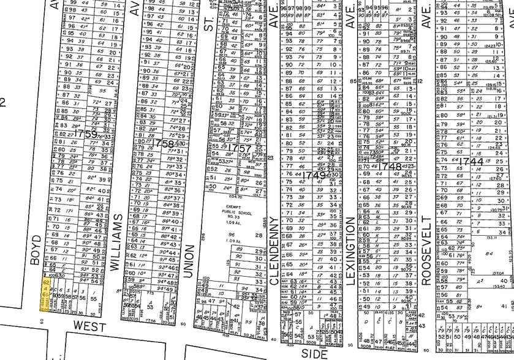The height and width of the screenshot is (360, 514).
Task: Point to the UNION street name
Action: point(188,260)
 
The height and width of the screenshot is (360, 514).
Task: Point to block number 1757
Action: point(239,148)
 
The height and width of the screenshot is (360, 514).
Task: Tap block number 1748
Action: point(389,166)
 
